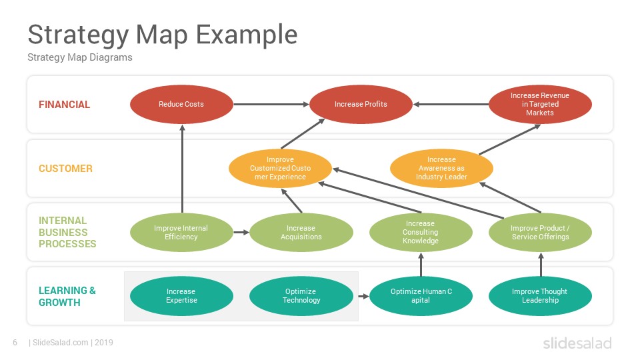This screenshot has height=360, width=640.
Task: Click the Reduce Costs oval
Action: point(181,105)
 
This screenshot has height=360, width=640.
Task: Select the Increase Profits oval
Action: point(361,105)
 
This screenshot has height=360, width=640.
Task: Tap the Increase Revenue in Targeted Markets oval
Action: point(540,105)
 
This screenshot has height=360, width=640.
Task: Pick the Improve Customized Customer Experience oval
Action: point(281,168)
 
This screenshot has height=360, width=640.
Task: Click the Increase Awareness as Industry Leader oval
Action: point(441,168)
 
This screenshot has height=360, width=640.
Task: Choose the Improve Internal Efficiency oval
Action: point(181,232)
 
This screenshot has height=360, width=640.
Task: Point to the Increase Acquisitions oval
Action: point(301,232)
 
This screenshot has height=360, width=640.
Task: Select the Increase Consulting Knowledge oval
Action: point(421,232)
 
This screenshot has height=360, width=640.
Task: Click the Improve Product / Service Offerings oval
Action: point(540,232)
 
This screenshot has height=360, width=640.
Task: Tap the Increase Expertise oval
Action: point(181,296)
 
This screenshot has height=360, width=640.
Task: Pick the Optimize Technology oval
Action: point(301,296)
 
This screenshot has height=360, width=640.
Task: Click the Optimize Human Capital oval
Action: point(421,296)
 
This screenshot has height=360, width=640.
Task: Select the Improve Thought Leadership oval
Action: point(540,296)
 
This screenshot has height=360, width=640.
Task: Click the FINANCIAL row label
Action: point(64,105)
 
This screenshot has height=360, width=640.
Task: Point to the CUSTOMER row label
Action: point(65,169)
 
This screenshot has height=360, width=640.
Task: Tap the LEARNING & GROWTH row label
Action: point(67,296)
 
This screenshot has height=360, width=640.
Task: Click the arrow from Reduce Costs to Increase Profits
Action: point(271,105)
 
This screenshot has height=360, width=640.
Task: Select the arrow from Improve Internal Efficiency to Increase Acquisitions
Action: point(241,232)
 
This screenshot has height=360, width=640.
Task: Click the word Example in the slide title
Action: point(247,35)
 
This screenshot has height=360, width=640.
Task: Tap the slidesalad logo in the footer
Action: point(577,343)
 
